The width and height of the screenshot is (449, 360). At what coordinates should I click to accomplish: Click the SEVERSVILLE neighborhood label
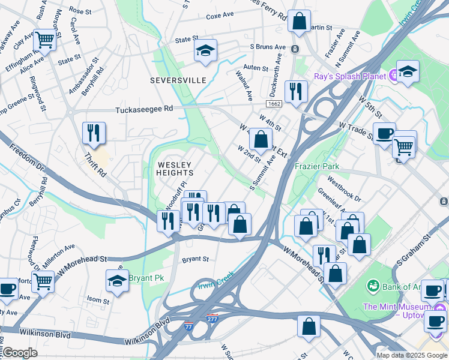click(x=178, y=80)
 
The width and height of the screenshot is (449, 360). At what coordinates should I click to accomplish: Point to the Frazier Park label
click(x=316, y=166)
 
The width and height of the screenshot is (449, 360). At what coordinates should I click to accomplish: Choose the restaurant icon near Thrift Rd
click(x=94, y=133)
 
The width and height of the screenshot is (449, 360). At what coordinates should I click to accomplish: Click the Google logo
click(x=20, y=353)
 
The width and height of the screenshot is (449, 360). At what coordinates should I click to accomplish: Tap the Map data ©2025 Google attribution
click(x=412, y=355)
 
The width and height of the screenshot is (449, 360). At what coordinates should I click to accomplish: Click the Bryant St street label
click(x=195, y=259)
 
